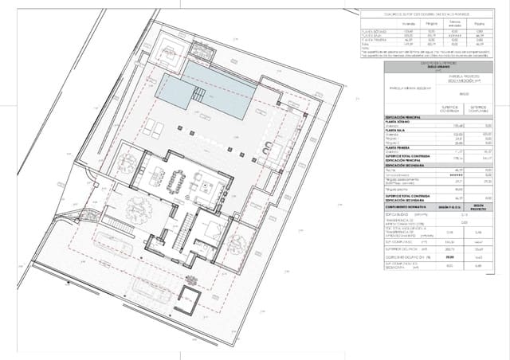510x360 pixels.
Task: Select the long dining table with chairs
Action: coord(176,182)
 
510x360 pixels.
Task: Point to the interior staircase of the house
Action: coord(182,231)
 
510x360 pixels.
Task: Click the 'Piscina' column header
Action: coord(480,25)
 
